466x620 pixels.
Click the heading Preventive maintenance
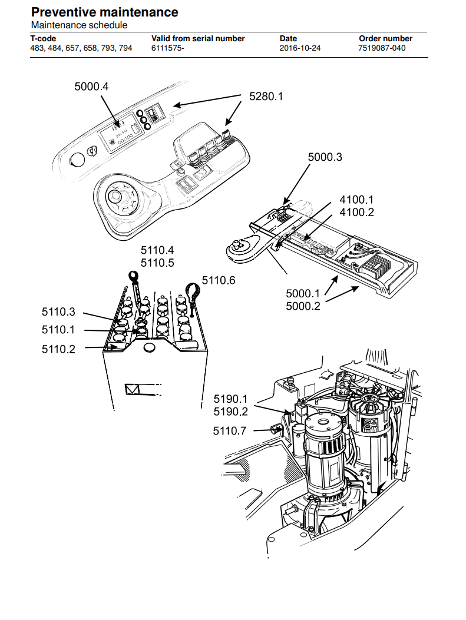pos(104,12)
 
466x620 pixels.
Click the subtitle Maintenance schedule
pos(79,25)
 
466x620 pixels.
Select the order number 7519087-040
pos(382,48)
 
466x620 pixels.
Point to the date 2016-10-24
pos(300,48)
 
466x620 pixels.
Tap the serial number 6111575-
pos(168,48)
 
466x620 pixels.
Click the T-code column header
pos(43,39)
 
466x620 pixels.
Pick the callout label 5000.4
pos(91,87)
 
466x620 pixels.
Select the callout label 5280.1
pos(266,97)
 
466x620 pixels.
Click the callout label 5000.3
pos(325,157)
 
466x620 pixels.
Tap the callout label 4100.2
pos(357,213)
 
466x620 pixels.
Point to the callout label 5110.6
pos(219,280)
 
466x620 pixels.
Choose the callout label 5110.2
pos(58,349)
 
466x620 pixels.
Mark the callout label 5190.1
pos(230,399)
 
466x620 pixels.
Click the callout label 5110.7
pos(230,430)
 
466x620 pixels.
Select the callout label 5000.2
pos(303,306)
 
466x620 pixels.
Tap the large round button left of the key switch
pos(77,160)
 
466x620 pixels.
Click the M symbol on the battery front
pos(132,390)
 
